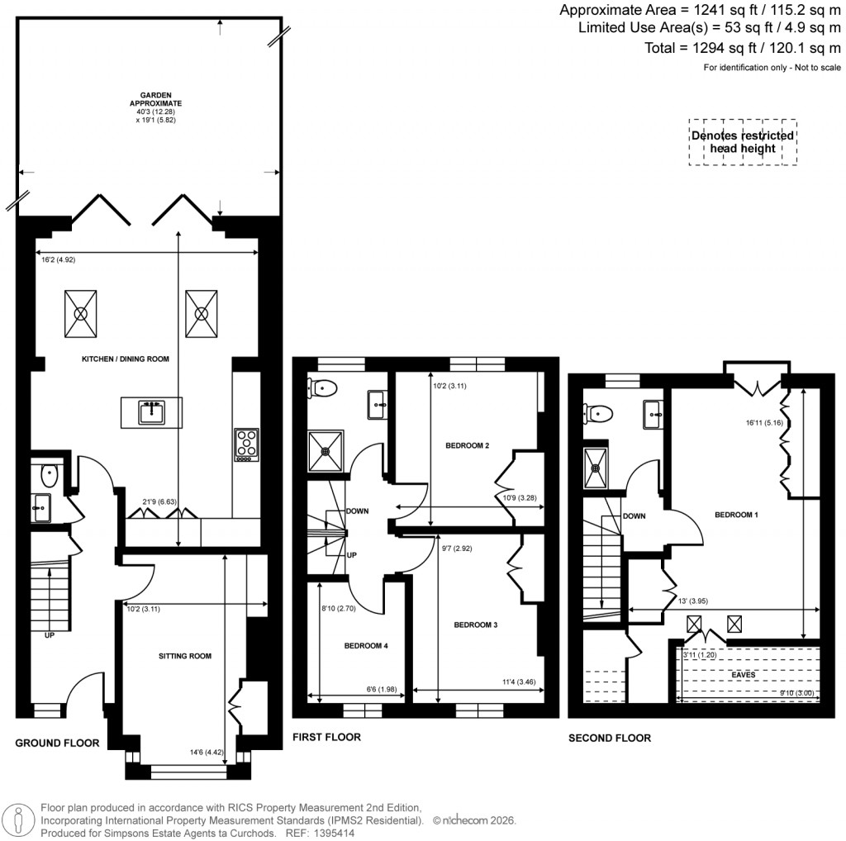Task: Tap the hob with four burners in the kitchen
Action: [x=245, y=445]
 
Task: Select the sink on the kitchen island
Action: [x=151, y=411]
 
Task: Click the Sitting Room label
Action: [x=185, y=656]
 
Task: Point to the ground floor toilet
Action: [x=48, y=475]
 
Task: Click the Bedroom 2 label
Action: [x=468, y=446]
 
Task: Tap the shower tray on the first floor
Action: [x=323, y=451]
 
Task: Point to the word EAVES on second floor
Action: [x=743, y=675]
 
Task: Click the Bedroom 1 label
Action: [x=737, y=515]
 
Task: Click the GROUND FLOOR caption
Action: [x=58, y=743]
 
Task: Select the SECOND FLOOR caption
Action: [x=610, y=738]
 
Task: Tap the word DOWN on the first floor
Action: [x=358, y=511]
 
